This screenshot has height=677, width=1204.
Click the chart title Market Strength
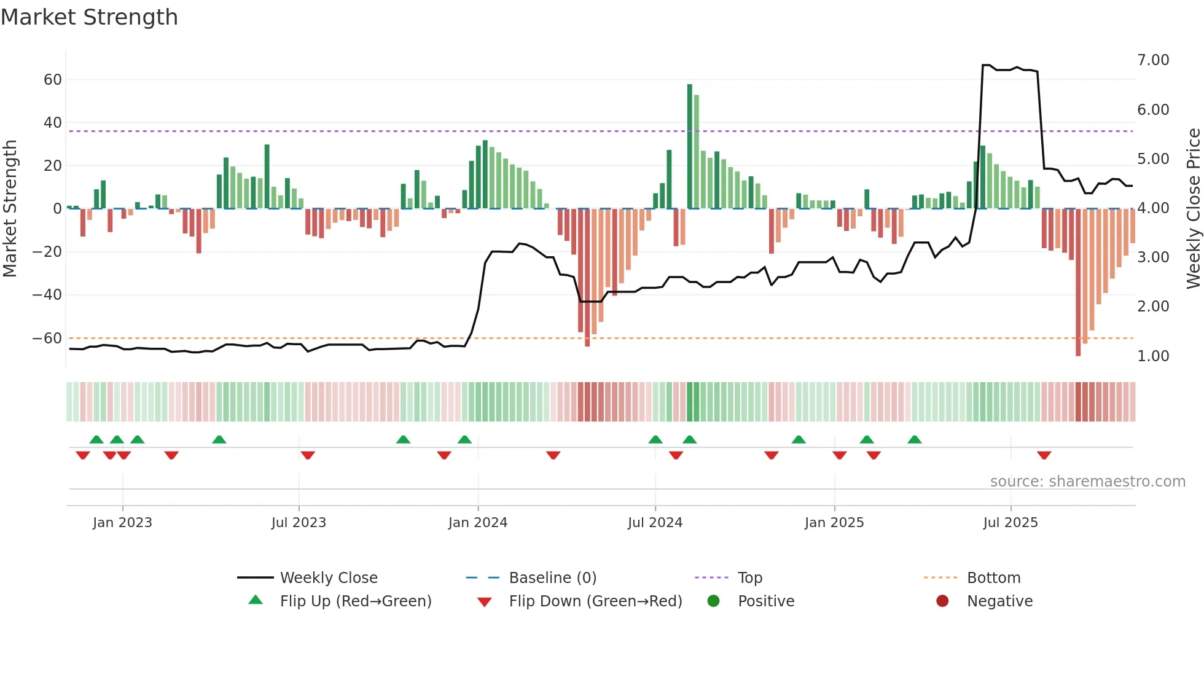click(89, 17)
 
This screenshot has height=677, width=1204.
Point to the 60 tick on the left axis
click(53, 80)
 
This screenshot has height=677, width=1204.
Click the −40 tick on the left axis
click(47, 295)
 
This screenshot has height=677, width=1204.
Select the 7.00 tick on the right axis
click(1153, 60)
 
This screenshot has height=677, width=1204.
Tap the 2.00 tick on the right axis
click(1153, 307)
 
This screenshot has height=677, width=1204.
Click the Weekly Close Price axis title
click(1194, 208)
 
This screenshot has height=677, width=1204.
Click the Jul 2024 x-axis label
click(655, 523)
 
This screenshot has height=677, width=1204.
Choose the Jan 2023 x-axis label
click(122, 523)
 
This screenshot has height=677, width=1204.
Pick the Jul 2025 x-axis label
click(1011, 523)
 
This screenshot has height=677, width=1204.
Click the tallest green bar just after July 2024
click(690, 146)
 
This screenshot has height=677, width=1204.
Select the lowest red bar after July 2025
click(1078, 283)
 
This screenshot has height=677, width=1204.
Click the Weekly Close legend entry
click(329, 578)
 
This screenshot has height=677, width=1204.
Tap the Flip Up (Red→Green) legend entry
click(356, 601)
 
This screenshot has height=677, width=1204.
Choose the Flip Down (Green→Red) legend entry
click(595, 601)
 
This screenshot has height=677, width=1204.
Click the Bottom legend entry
click(993, 578)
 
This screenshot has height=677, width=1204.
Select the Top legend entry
click(749, 578)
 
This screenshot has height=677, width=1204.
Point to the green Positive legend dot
click(713, 601)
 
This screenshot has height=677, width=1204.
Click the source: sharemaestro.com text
click(1087, 482)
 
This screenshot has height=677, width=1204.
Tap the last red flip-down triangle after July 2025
click(1044, 455)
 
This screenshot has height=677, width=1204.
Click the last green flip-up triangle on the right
click(915, 439)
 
